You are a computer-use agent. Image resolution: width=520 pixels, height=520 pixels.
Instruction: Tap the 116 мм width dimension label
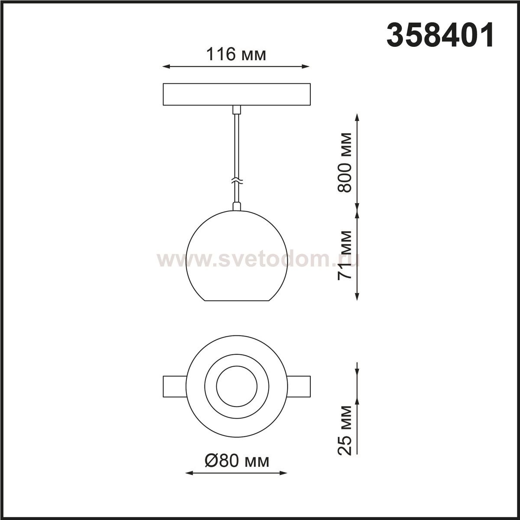(236, 54)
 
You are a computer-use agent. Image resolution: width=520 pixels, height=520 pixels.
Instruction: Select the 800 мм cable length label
(345, 162)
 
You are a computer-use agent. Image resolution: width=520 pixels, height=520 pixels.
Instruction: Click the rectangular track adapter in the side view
(237, 94)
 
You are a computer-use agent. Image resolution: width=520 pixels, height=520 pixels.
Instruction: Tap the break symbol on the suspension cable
(237, 181)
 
